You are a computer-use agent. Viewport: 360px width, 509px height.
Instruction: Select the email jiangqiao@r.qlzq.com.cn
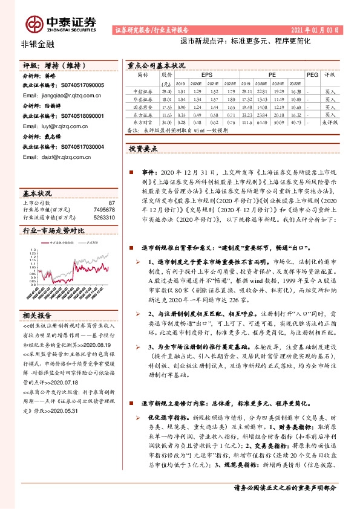(59, 96)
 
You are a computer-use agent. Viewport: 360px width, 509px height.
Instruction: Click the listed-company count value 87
(111, 203)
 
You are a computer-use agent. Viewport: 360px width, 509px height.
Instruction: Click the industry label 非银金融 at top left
(38, 45)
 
